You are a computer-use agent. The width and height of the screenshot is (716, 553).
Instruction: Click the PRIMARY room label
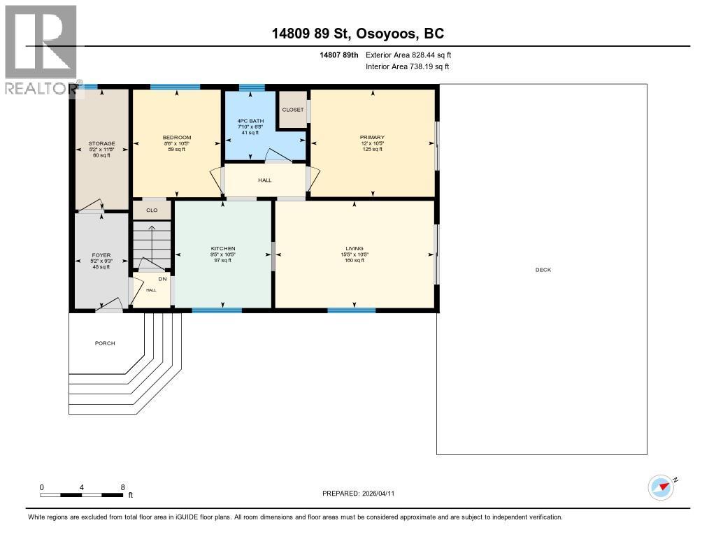[x=372, y=137]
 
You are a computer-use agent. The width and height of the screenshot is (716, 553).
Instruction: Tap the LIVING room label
[x=355, y=248]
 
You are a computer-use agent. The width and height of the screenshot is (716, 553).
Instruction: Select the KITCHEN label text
[x=223, y=248]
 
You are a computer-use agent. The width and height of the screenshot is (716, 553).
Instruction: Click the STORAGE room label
[x=101, y=143]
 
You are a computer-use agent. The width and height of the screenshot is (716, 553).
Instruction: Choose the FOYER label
[x=101, y=255]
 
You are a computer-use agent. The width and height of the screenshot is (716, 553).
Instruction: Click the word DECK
[x=543, y=270]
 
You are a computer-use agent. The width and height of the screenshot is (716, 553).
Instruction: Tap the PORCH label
[x=105, y=343]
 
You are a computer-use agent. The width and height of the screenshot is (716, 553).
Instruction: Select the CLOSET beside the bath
[x=293, y=110]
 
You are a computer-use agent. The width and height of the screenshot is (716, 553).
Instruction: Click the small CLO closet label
[x=152, y=210]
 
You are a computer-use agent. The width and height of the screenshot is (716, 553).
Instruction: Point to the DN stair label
[x=162, y=278]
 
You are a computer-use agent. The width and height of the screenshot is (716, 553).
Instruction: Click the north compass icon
[x=661, y=487]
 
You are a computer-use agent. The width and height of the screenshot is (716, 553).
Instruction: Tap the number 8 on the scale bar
[x=123, y=487]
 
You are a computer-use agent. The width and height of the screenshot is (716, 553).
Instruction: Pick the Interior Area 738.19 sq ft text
[x=407, y=66]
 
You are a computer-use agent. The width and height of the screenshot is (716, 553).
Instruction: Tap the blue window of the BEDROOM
[x=175, y=87]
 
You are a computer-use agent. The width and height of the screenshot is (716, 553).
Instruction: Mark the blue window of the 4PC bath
[x=252, y=87]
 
